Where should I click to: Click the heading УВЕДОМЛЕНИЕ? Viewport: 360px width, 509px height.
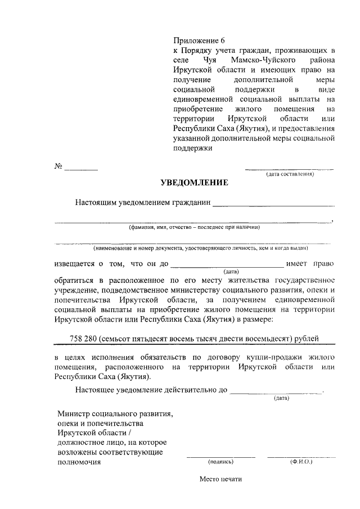[x=194, y=183]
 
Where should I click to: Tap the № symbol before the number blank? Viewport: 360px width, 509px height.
[x=58, y=167]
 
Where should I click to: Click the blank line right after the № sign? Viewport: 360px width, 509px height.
[x=81, y=169]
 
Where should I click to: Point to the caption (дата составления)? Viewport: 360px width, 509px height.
[x=289, y=174]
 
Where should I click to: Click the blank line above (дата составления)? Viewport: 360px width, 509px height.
[x=289, y=169]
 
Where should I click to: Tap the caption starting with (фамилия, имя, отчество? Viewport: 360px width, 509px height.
[x=194, y=228]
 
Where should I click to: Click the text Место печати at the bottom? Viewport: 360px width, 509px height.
[x=220, y=480]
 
